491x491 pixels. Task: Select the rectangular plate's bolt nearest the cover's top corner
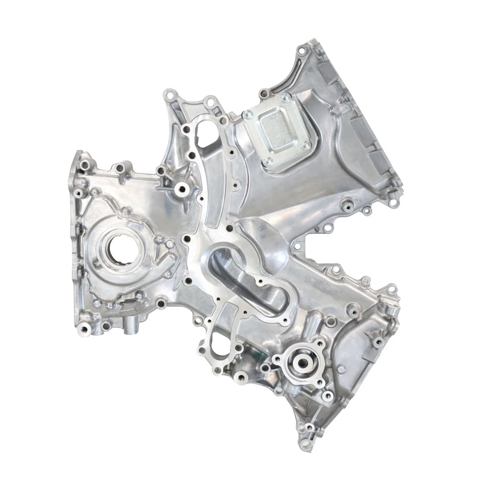[285, 97]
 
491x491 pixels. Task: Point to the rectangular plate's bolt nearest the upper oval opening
[248, 115]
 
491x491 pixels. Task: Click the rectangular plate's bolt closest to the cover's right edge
[305, 145]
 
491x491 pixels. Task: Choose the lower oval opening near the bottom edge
[217, 348]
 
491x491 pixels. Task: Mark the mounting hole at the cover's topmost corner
[302, 50]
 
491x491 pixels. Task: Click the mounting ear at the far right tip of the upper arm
[393, 202]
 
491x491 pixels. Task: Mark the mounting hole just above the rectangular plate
[264, 94]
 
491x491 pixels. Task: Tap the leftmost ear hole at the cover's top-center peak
[170, 96]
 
